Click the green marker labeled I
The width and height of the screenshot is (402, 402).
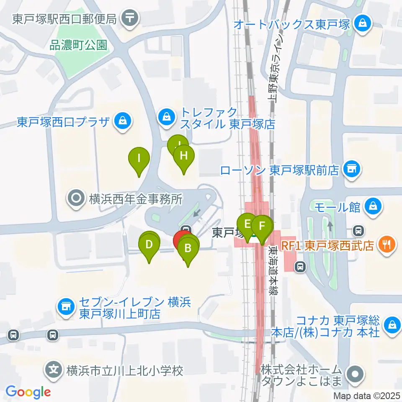(x=139, y=159)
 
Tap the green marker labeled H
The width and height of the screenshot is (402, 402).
(x=183, y=156)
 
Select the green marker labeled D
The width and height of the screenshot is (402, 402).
(x=149, y=245)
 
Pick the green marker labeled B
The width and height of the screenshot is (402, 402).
(x=188, y=249)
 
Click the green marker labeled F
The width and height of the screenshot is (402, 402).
(x=262, y=227)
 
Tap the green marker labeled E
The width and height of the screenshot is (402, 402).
(x=247, y=224)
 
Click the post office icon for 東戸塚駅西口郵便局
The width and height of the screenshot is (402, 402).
(x=130, y=18)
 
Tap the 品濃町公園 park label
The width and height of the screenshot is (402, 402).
(x=78, y=45)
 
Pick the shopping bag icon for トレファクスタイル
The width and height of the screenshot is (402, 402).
(x=167, y=116)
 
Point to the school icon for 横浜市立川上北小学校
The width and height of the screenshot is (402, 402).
(x=54, y=370)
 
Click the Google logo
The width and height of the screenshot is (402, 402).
(x=28, y=392)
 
